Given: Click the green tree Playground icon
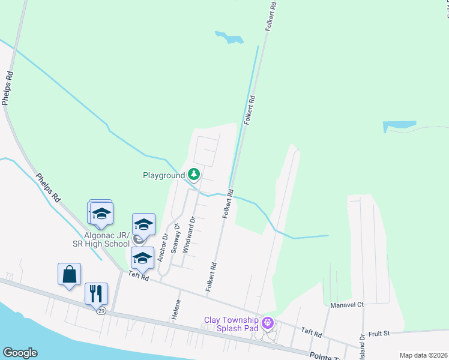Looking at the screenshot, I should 193,175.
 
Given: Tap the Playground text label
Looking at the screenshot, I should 163,176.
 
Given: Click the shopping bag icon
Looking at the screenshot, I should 70,274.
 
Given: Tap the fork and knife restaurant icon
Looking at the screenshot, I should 96,293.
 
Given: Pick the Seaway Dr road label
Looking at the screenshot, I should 176,238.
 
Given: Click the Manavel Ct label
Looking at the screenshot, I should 347,305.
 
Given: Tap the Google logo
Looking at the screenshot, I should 20,353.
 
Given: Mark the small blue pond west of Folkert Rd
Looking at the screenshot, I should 229,38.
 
